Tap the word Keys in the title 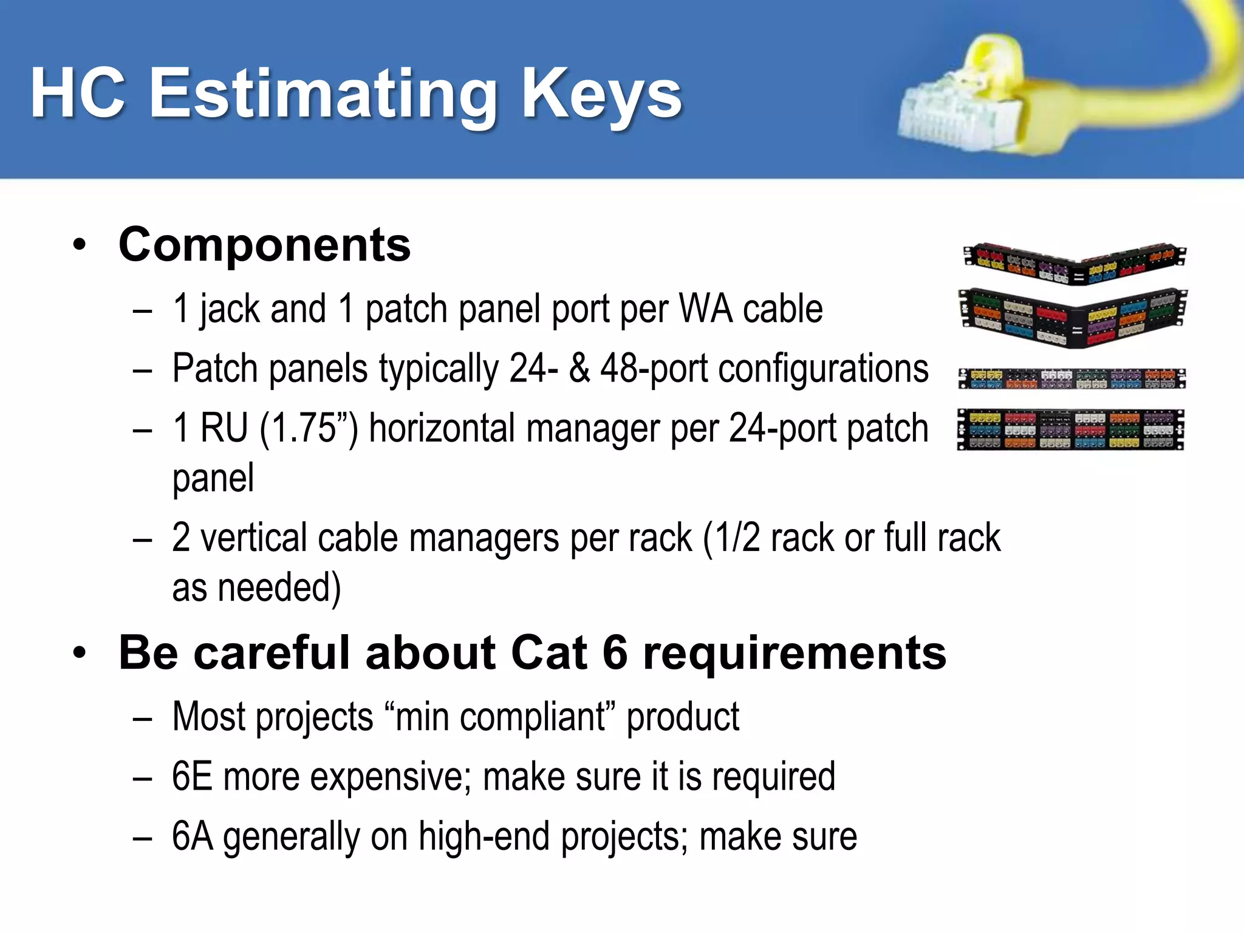coord(601,94)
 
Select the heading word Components coord(264,245)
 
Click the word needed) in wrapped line coord(279,587)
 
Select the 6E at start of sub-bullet coord(192,776)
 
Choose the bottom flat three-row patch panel coord(1070,429)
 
